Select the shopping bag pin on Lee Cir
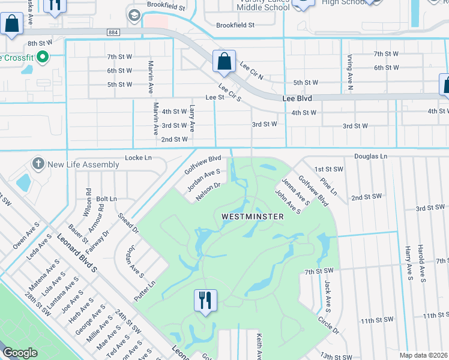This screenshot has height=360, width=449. click(224, 62)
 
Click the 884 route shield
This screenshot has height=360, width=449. click(114, 32)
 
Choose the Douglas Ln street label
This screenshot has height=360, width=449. click(370, 156)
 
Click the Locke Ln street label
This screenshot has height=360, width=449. click(138, 158)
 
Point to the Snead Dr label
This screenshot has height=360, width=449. click(128, 223)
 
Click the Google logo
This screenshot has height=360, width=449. click(20, 353)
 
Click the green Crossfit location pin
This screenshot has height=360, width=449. click(42, 58)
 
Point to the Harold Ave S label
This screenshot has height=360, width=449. click(422, 264)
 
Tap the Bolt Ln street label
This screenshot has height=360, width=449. click(106, 198)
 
